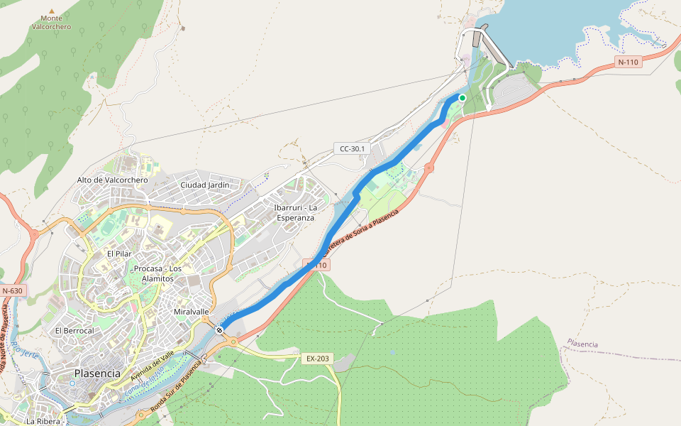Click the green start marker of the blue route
pos(462,98)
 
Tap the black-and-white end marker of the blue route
pos(221,329)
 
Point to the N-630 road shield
pos(12,291)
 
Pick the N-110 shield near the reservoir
pos(628,62)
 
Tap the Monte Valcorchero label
pos(51,22)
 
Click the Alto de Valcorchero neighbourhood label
pos(112,180)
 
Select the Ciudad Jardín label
pos(205,185)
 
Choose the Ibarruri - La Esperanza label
pos(294,212)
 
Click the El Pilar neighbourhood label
pos(120,253)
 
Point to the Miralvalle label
pos(192,312)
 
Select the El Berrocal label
pos(74,331)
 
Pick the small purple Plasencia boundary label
pos(582,344)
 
